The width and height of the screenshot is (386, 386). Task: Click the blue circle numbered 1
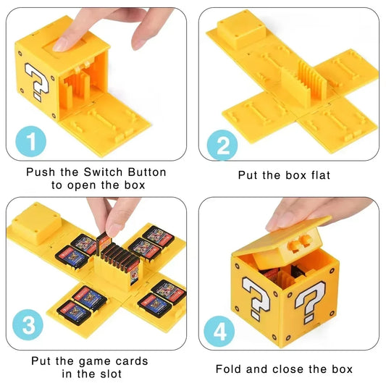(29, 140)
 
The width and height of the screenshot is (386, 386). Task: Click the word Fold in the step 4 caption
(230, 369)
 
